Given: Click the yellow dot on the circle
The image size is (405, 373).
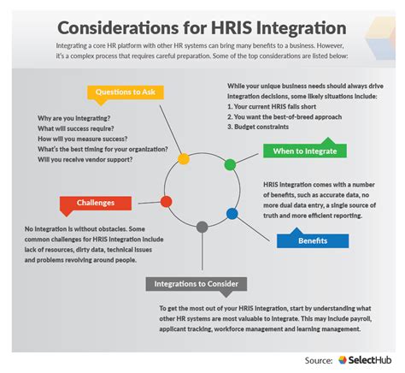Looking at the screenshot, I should [x=182, y=158].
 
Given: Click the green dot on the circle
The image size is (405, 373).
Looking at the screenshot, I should [x=229, y=163].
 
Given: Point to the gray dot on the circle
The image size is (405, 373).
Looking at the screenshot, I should [x=202, y=228].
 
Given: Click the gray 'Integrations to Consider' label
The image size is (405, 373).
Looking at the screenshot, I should [x=197, y=283].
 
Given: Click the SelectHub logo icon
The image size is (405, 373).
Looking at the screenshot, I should [x=342, y=360].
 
